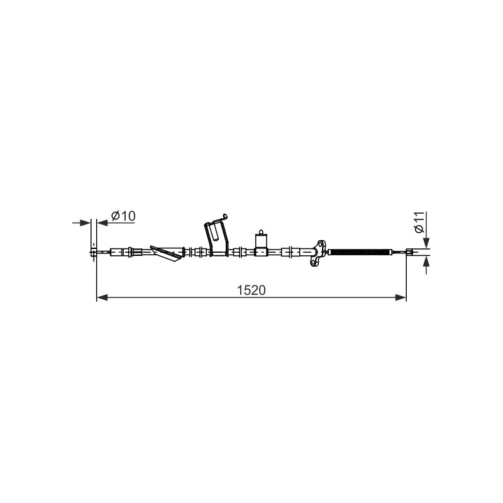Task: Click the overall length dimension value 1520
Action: click(251, 290)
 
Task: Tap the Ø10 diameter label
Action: click(123, 216)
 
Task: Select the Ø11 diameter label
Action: click(419, 222)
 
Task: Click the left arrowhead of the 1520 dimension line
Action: click(102, 297)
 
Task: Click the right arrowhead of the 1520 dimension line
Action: click(401, 297)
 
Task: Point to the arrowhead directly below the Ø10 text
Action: click(102, 223)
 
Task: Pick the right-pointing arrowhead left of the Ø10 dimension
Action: click(85, 223)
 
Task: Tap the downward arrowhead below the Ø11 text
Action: click(426, 243)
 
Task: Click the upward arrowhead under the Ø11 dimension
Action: click(426, 262)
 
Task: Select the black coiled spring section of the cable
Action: click(360, 252)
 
